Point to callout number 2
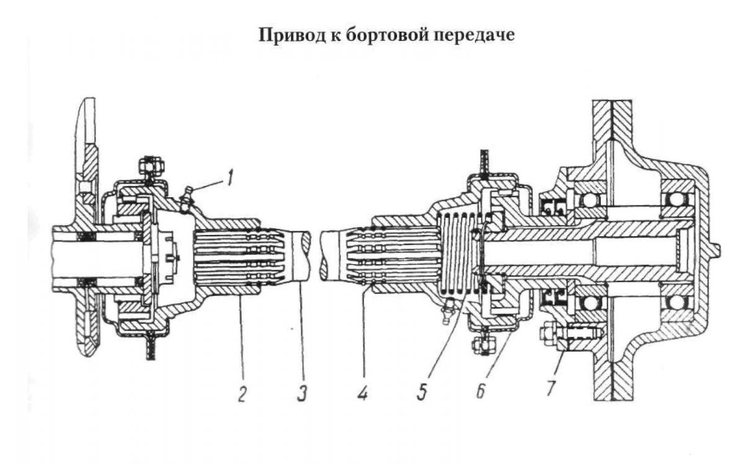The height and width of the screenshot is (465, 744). pyautogui.click(x=242, y=393)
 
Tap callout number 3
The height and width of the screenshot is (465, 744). pyautogui.click(x=300, y=393)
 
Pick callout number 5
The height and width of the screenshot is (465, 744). pyautogui.click(x=421, y=393)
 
